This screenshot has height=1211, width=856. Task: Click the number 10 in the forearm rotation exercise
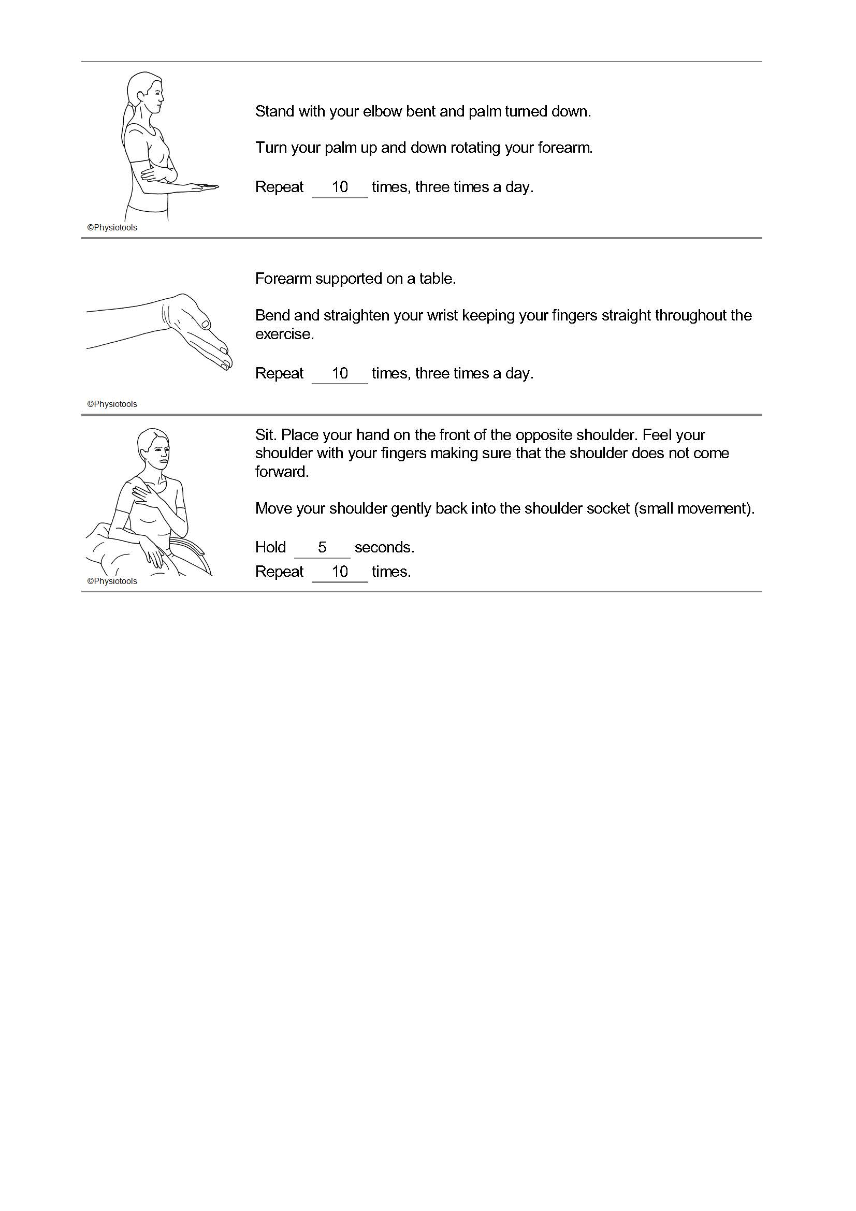340,187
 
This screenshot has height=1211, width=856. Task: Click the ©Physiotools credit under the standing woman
112,228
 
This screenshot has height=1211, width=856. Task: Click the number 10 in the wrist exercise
340,373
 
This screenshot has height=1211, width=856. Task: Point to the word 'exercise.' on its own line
284,334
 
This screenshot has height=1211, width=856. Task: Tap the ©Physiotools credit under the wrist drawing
112,404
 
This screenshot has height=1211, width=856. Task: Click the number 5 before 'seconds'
322,547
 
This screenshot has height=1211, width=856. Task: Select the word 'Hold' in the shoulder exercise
270,547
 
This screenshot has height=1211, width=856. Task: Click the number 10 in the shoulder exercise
340,572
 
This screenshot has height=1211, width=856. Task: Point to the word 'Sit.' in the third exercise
266,435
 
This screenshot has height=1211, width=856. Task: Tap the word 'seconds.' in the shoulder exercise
384,547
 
